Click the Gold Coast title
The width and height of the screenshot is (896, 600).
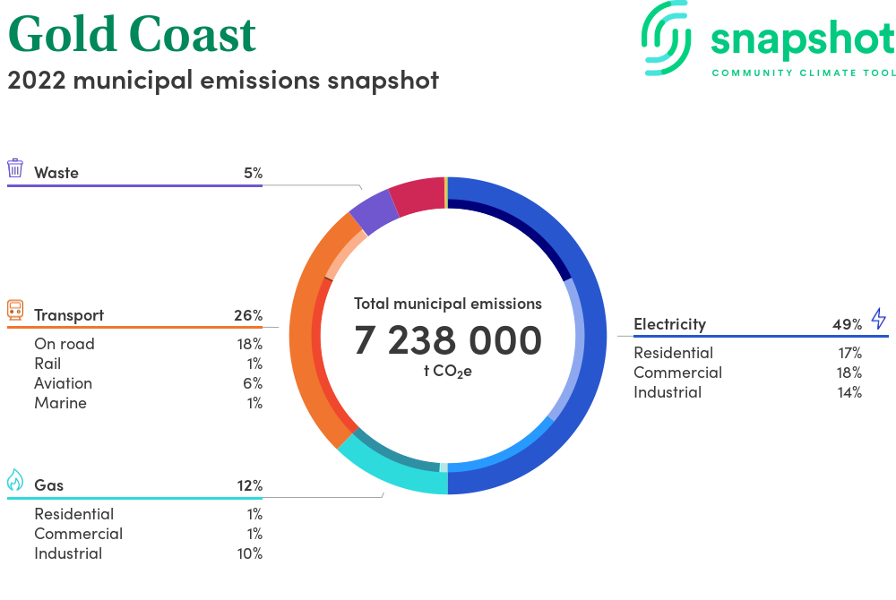click(x=132, y=35)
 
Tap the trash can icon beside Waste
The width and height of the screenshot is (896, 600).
click(x=15, y=168)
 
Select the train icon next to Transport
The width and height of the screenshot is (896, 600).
click(x=15, y=310)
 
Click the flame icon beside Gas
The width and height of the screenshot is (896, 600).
click(x=15, y=480)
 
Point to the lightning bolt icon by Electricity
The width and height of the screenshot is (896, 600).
click(x=879, y=319)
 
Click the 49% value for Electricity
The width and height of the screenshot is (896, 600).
click(x=847, y=324)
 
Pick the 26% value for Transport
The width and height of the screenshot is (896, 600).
click(x=248, y=315)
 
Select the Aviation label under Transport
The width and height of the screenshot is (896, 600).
click(x=63, y=383)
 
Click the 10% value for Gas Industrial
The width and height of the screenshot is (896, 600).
click(x=250, y=553)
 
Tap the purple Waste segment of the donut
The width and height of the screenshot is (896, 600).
click(x=373, y=211)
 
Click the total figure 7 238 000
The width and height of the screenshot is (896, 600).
click(x=448, y=340)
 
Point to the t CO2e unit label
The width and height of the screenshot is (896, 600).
click(x=448, y=371)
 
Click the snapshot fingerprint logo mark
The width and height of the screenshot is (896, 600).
click(x=666, y=39)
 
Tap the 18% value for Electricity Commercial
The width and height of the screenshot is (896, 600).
click(x=849, y=373)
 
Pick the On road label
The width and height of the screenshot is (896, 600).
click(x=64, y=344)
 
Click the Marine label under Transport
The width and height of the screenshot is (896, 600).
click(x=61, y=403)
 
